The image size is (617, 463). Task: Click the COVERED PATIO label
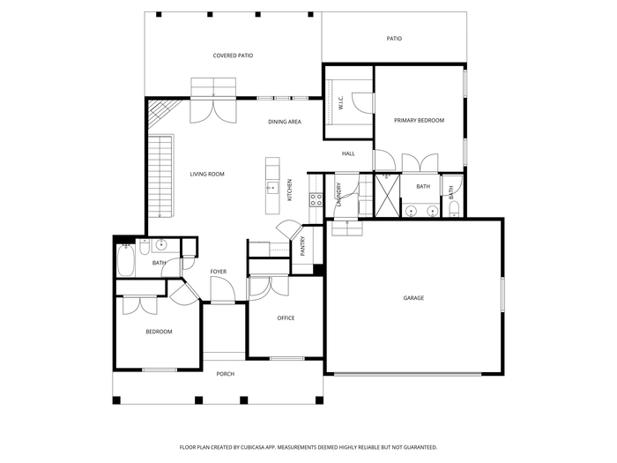(233, 56)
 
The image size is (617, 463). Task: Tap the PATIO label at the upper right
(394, 39)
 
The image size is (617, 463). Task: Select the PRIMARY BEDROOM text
(419, 121)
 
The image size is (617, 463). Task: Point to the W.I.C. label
(341, 102)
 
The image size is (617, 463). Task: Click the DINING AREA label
(285, 122)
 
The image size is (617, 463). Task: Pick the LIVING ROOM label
(207, 174)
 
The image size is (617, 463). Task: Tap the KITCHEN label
(290, 190)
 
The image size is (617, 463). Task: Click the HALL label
(348, 153)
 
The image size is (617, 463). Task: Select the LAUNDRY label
(338, 195)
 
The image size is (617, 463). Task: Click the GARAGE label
(413, 298)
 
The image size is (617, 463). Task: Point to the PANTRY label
(302, 246)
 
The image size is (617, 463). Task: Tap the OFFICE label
(286, 318)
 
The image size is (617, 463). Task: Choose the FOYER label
(219, 272)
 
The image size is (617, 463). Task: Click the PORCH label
(226, 374)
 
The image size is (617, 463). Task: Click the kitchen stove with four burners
(316, 199)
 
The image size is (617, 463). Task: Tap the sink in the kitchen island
(272, 187)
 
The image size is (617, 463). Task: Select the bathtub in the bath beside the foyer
(125, 260)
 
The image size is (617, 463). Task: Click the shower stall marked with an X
(387, 196)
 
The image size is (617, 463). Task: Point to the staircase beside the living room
(160, 175)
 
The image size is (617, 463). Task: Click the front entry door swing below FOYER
(223, 289)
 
